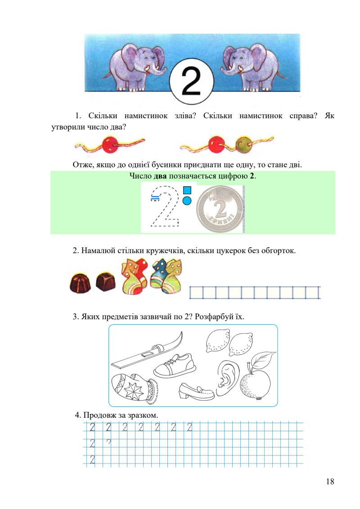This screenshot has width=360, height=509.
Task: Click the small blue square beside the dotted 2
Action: click(x=187, y=190)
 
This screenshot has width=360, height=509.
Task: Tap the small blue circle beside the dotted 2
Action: click(x=187, y=200)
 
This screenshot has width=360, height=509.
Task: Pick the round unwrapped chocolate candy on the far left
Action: click(x=80, y=283)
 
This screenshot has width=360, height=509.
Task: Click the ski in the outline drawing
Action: click(x=147, y=351)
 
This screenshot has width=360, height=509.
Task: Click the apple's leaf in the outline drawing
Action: click(x=264, y=360)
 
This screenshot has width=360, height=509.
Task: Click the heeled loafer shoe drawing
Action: click(x=196, y=391)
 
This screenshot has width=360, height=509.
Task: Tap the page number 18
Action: click(x=330, y=482)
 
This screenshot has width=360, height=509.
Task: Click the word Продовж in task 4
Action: click(x=98, y=415)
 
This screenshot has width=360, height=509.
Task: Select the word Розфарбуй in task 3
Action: click(x=210, y=316)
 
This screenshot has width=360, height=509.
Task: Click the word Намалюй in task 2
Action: click(x=96, y=250)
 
